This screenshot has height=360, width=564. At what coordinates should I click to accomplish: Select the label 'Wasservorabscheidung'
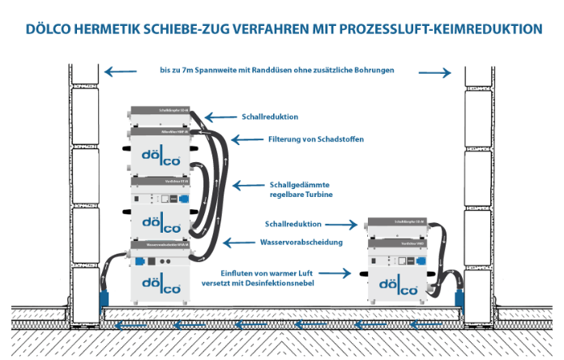point(289,242)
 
